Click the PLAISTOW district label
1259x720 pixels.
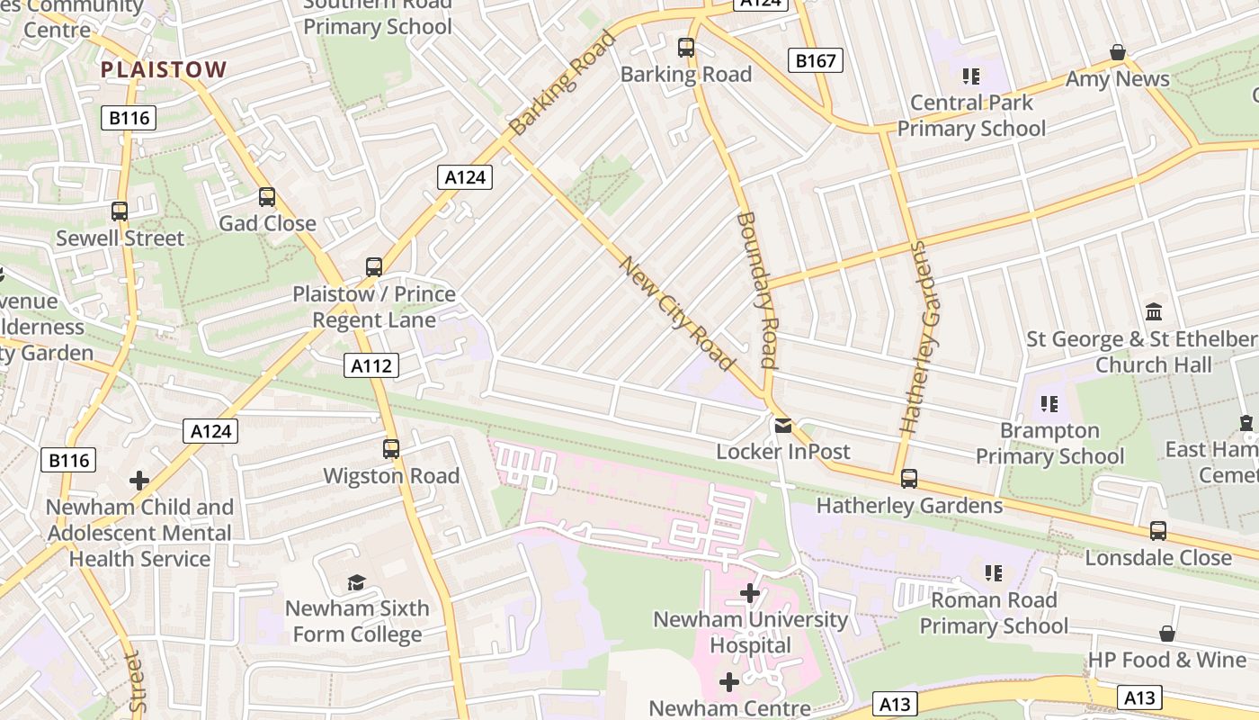164,69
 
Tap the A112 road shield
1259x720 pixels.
371,365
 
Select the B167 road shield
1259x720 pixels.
816,61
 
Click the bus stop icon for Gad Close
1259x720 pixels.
267,197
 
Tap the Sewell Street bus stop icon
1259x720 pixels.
120,211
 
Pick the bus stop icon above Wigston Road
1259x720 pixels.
391,449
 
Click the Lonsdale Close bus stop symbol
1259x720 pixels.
1158,531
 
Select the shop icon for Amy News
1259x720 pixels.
1117,53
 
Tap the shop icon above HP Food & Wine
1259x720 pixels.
1167,634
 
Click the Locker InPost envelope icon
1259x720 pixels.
783,425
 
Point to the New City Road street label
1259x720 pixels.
676,313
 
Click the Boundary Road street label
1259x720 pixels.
756,290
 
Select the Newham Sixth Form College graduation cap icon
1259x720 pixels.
357,582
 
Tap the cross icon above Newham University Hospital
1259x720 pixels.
750,593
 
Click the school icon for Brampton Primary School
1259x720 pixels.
1049,404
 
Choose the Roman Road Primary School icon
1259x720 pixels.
993,573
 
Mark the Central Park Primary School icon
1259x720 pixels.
970,76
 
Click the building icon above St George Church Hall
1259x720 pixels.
1154,312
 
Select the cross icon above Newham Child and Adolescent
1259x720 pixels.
139,481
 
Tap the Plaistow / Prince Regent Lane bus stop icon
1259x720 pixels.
374,267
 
